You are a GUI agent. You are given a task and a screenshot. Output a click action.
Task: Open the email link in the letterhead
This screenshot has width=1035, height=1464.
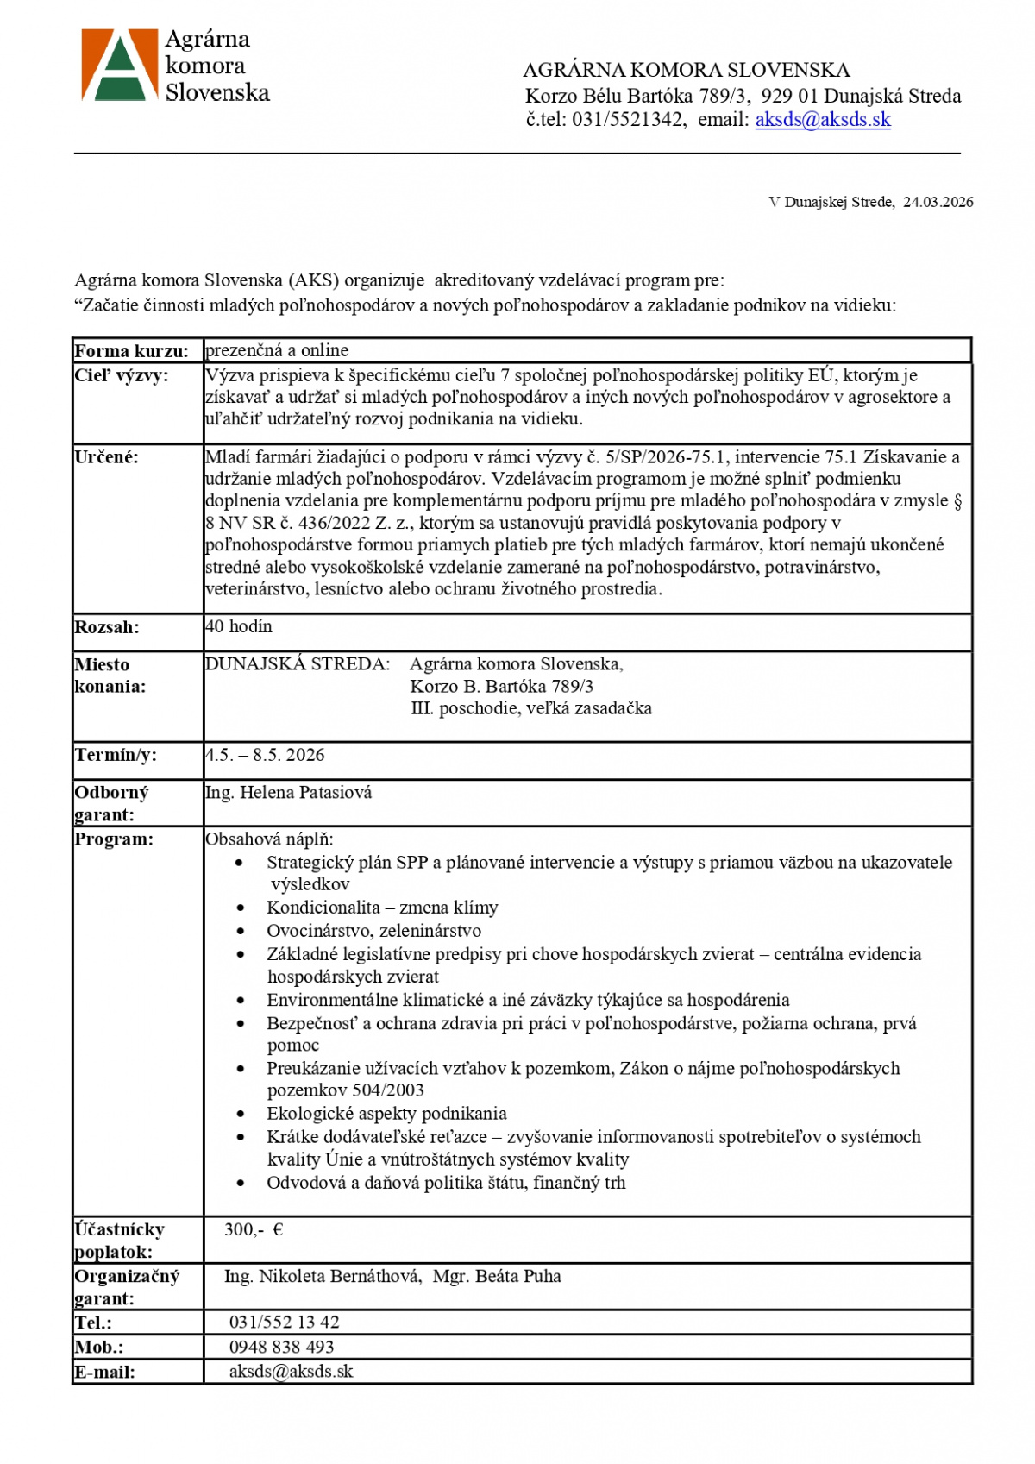click(x=822, y=120)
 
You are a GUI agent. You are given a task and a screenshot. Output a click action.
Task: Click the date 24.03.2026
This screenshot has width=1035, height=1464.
click(x=938, y=202)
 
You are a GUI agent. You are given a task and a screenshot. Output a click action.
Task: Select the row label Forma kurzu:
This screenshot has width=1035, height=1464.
click(x=131, y=351)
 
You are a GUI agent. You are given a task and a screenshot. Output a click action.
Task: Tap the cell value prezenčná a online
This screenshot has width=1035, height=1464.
click(x=277, y=350)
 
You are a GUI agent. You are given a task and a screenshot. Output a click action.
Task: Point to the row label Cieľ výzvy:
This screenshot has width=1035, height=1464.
click(x=122, y=375)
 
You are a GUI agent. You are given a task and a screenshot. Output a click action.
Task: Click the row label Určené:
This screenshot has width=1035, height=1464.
click(x=106, y=457)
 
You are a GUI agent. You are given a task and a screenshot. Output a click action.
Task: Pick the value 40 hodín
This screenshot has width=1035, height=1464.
click(x=239, y=626)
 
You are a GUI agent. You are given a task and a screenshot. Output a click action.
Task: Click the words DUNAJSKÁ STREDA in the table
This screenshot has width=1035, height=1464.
click(x=298, y=664)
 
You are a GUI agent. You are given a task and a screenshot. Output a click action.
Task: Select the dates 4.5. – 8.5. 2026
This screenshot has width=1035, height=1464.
click(x=265, y=755)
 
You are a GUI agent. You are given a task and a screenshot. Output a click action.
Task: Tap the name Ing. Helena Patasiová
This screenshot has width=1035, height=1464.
click(x=288, y=792)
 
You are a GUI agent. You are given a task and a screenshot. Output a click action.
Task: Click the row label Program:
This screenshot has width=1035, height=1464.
click(x=114, y=839)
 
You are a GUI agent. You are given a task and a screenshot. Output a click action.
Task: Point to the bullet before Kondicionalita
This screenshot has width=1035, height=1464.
click(x=241, y=908)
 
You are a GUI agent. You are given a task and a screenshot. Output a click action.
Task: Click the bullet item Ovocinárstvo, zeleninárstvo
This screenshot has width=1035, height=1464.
click(x=373, y=931)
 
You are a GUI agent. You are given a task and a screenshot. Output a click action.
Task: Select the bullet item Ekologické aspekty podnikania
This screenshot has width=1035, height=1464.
click(x=386, y=1114)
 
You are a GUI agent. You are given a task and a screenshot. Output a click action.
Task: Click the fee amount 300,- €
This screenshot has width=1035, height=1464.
click(x=254, y=1229)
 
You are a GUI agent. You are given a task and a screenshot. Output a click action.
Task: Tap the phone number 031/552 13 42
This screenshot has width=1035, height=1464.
click(x=284, y=1323)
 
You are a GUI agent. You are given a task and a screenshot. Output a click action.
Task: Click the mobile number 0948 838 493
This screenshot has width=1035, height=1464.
click(x=281, y=1347)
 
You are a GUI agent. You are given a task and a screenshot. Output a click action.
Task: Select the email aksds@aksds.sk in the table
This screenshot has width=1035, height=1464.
click(x=291, y=1372)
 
